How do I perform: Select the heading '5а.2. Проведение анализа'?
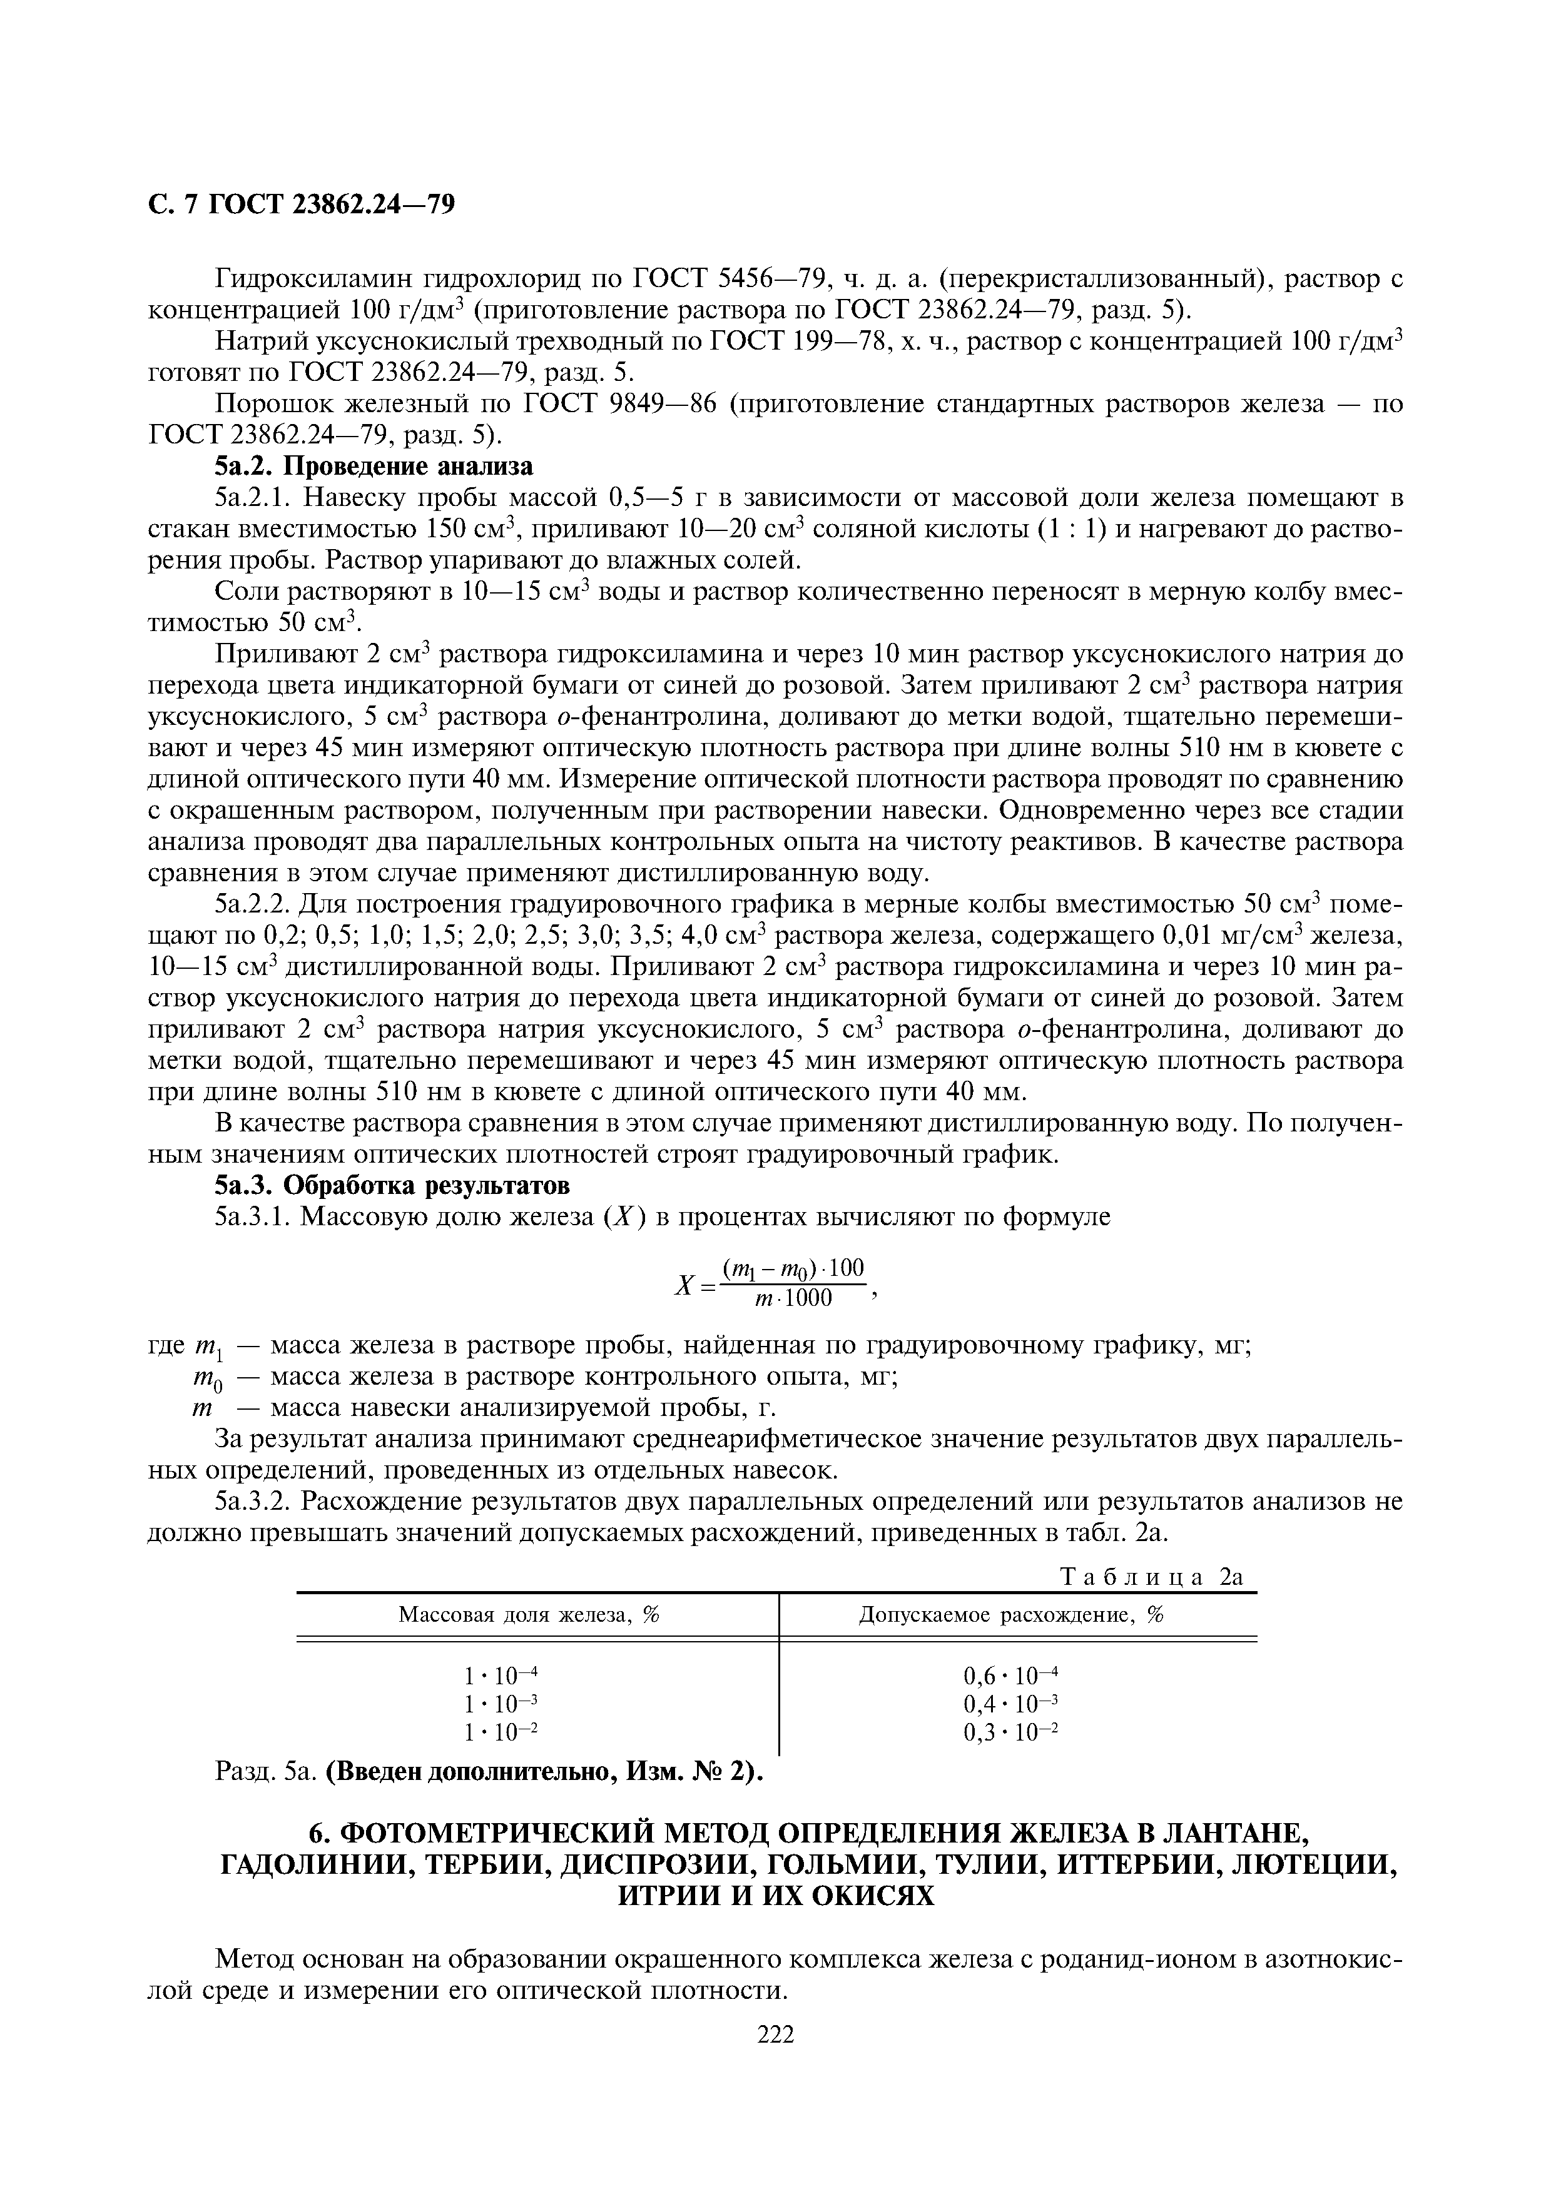(374, 467)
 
